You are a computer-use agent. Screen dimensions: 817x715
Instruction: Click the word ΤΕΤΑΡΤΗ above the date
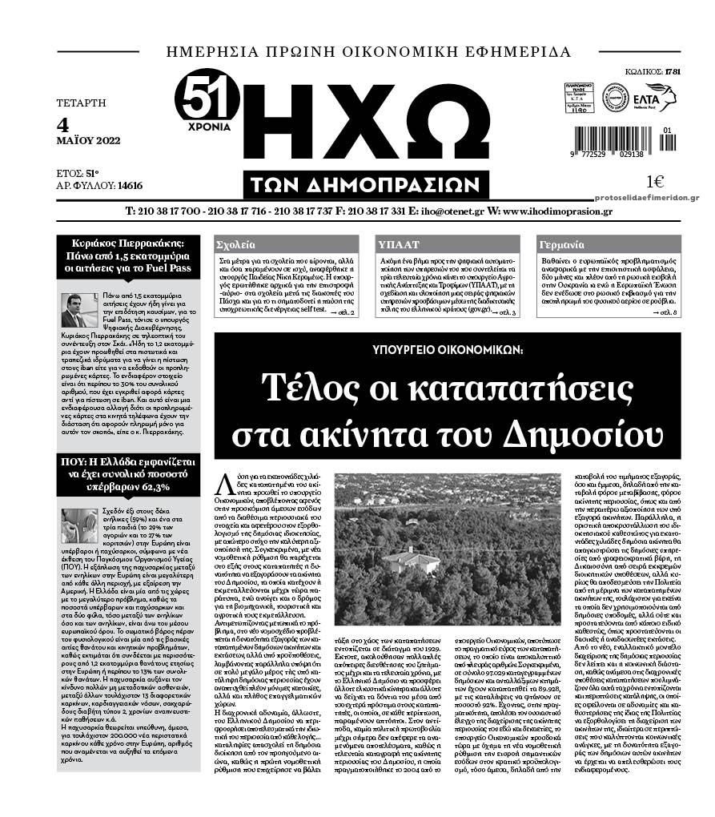coord(81,103)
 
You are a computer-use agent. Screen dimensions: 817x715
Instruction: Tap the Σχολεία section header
coord(238,245)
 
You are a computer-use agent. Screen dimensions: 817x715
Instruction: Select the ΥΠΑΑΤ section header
coord(396,245)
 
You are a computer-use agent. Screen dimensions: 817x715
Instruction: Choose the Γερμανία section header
coord(562,245)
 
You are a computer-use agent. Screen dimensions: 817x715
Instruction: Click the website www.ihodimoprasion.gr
coord(557,211)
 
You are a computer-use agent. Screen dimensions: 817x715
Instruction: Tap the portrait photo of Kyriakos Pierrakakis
coord(79,310)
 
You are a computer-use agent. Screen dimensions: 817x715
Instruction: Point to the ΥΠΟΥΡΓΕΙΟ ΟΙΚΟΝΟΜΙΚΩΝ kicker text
coord(448,350)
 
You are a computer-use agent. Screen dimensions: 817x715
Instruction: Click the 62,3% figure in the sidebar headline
coord(155,486)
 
